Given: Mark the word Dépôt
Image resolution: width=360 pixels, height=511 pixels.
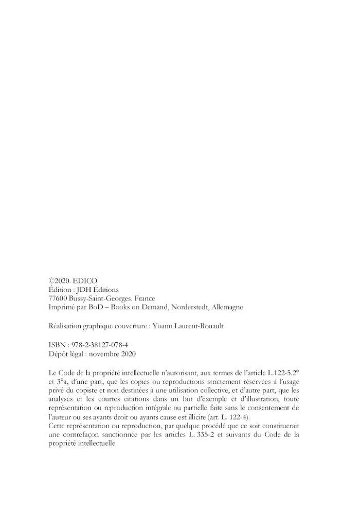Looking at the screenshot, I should (x=56, y=354).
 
